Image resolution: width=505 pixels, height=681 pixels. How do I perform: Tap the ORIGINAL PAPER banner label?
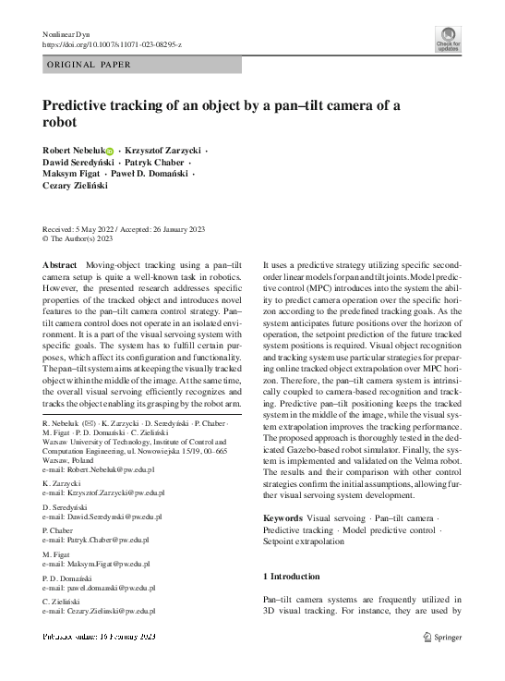click(90, 65)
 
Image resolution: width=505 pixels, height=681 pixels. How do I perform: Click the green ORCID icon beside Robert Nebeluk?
click(109, 151)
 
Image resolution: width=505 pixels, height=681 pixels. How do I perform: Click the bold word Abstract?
click(59, 264)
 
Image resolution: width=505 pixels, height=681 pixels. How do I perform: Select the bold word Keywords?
click(283, 518)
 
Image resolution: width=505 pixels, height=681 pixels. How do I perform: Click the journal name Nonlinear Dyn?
click(69, 34)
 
